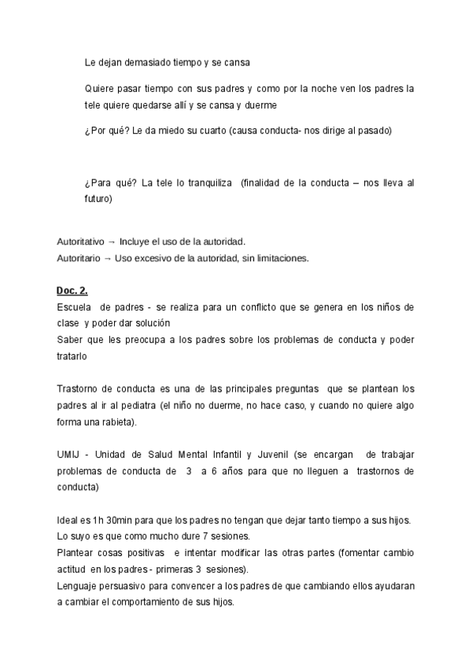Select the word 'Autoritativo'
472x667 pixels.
pos(80,241)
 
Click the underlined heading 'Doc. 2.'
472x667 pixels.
pos(72,290)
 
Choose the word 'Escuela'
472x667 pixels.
pos(75,306)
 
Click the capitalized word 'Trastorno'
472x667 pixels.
pos(78,389)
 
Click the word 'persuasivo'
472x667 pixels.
pos(127,586)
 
